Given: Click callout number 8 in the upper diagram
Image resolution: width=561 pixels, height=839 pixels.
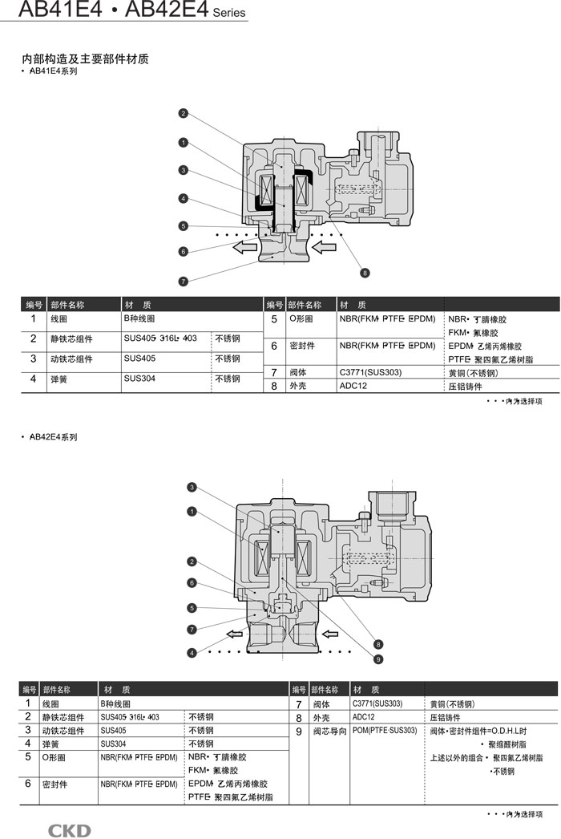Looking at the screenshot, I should click(x=365, y=274).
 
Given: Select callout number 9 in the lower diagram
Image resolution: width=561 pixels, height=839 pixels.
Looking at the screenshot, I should click(x=378, y=659).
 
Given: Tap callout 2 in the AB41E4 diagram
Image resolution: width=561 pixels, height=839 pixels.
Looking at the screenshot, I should click(x=184, y=113).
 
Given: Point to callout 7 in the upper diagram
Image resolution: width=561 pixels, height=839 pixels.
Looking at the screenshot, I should click(x=184, y=281).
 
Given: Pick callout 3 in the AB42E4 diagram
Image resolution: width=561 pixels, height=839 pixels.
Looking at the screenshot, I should click(x=192, y=487).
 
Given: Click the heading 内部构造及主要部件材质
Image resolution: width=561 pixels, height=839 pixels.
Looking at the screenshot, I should click(x=85, y=59).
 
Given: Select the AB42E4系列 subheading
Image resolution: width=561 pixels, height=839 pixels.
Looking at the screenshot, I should click(x=54, y=437).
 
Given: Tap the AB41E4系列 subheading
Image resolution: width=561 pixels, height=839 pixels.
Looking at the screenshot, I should click(x=54, y=71).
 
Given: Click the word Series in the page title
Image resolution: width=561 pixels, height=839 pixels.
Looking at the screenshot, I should click(x=230, y=13).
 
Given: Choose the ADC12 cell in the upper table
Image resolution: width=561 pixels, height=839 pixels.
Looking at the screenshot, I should click(x=353, y=386).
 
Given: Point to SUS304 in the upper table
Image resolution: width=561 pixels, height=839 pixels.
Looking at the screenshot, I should click(x=140, y=377).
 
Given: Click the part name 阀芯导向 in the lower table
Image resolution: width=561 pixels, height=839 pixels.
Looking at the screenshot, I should click(x=328, y=732).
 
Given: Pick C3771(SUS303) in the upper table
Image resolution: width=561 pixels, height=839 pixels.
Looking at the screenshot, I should click(x=370, y=372).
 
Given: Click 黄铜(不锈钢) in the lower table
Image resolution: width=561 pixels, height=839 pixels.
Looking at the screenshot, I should click(x=452, y=703).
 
